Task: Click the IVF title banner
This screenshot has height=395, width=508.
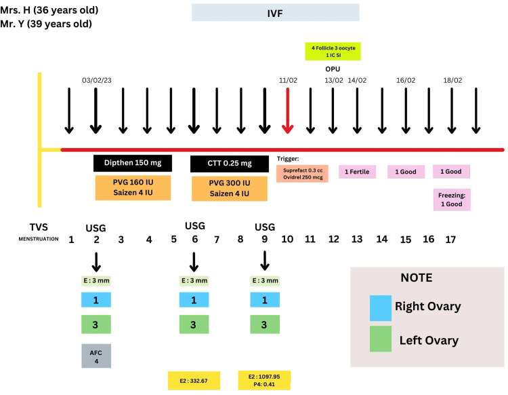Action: pos(275,12)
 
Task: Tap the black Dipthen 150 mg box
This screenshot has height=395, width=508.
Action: pos(133,163)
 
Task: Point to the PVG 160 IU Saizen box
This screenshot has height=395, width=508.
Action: pos(133,188)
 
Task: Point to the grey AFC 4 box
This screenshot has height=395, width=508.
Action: pos(95,355)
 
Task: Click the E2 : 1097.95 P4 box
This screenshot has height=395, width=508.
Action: pos(264,380)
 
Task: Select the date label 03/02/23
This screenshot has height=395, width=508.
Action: pos(96,80)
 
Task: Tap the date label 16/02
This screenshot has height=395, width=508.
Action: pos(406,80)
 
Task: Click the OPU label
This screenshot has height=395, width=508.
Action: pos(333,69)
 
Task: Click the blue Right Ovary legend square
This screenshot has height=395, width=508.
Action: pos(380,306)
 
